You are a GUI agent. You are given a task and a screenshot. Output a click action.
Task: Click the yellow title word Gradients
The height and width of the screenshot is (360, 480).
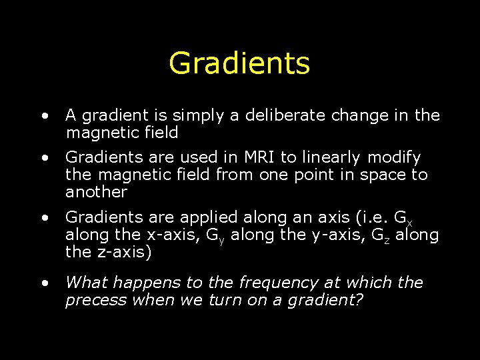tap(239, 63)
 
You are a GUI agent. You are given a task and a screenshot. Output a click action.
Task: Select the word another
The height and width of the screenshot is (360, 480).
tap(96, 193)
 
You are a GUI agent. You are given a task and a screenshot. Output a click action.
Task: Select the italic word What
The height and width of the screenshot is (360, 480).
tap(84, 283)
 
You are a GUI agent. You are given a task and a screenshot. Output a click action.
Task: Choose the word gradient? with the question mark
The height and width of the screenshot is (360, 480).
tap(325, 301)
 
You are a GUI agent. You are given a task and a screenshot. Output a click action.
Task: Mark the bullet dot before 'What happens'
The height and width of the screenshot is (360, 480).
tap(44, 283)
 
